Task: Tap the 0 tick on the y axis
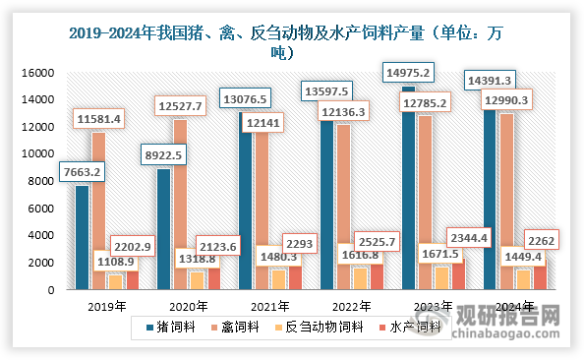[45, 290]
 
